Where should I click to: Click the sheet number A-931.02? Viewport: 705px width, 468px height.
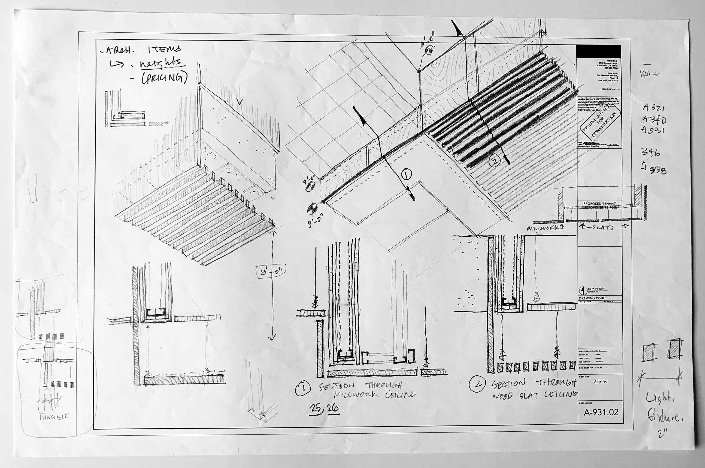601,412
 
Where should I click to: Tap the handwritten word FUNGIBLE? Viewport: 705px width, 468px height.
54,416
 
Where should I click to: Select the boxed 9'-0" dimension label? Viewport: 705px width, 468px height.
271,272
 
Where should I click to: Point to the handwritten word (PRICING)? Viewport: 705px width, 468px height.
164,78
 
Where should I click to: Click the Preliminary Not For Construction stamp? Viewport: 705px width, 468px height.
600,122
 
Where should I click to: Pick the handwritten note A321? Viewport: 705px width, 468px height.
653,107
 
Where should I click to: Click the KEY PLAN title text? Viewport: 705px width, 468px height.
596,289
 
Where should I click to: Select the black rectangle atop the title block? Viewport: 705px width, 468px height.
598,51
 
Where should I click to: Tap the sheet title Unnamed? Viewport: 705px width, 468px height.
600,381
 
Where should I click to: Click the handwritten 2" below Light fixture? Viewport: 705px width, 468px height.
662,434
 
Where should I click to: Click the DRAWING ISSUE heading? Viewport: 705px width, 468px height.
592,298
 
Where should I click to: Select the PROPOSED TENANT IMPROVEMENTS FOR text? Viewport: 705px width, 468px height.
599,205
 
